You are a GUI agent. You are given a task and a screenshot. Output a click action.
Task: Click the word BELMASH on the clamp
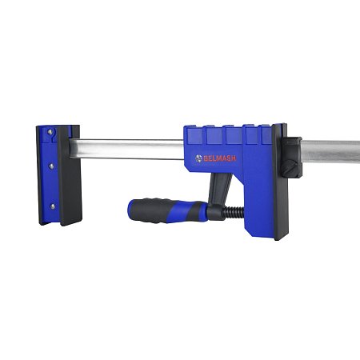click(x=220, y=158)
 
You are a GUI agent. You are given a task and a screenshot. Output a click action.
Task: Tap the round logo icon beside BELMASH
click(x=198, y=158)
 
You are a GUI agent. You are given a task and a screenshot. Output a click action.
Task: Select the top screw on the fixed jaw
click(x=50, y=131)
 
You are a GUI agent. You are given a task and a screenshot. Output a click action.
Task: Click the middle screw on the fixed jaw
click(x=51, y=166)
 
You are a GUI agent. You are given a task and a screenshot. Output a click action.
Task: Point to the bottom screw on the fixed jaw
click(x=53, y=206)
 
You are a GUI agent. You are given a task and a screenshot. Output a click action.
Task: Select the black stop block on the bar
click(x=291, y=157)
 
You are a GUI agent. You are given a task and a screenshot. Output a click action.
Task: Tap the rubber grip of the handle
click(x=168, y=210)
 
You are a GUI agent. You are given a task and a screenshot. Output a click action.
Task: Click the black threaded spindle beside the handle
click(x=234, y=213)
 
